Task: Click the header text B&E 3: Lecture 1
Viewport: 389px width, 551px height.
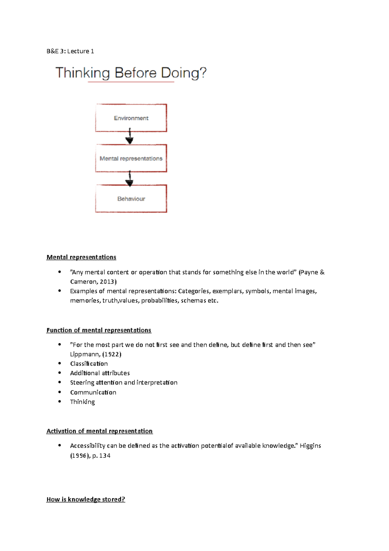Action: point(70,51)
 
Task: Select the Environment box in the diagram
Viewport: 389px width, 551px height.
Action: point(131,118)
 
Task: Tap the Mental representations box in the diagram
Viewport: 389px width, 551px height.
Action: point(131,158)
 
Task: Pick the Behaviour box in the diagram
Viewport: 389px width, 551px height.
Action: point(131,199)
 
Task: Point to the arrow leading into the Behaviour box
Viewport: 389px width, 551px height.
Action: point(129,179)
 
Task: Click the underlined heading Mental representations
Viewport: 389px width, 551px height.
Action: point(81,257)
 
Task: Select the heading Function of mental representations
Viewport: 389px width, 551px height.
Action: point(99,330)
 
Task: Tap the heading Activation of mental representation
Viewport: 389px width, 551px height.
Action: point(99,431)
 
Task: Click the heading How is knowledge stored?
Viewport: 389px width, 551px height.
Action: point(86,499)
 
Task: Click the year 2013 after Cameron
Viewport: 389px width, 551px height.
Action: point(107,282)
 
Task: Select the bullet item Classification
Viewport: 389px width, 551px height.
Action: point(89,364)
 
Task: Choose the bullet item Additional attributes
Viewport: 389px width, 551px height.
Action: point(100,373)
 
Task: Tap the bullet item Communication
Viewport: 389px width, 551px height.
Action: point(93,392)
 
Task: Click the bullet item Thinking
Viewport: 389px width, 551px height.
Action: point(82,402)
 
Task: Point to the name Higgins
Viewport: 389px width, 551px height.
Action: point(310,446)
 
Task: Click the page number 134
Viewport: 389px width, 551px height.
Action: point(105,456)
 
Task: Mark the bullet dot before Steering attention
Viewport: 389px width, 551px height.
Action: point(59,383)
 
